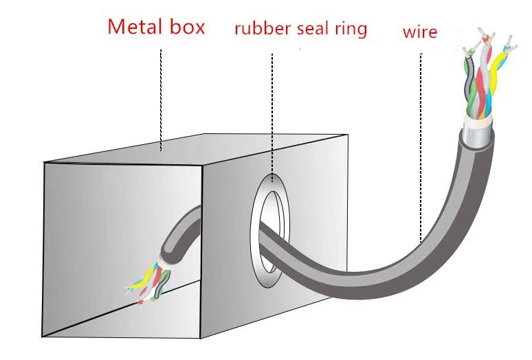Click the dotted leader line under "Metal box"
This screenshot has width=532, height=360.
pos(160,96)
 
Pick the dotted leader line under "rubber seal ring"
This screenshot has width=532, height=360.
pos(273,117)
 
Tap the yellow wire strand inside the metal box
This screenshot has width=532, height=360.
pos(140,282)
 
